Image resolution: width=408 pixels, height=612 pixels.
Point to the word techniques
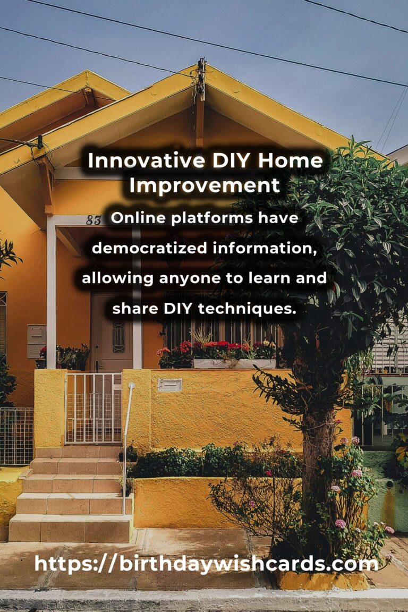[246, 309]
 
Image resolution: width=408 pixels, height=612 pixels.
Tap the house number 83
[93, 220]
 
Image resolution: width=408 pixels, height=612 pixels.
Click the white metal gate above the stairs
[93, 408]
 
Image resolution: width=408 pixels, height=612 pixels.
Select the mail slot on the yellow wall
[169, 385]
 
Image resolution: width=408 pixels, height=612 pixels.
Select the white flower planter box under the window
[234, 364]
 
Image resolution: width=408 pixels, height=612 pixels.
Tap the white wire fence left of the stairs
[17, 436]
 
